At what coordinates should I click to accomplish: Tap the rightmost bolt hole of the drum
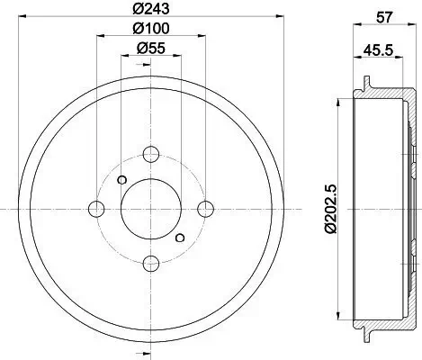pyautogui.click(x=206, y=209)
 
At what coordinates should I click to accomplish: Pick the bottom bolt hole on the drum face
pyautogui.click(x=151, y=264)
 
